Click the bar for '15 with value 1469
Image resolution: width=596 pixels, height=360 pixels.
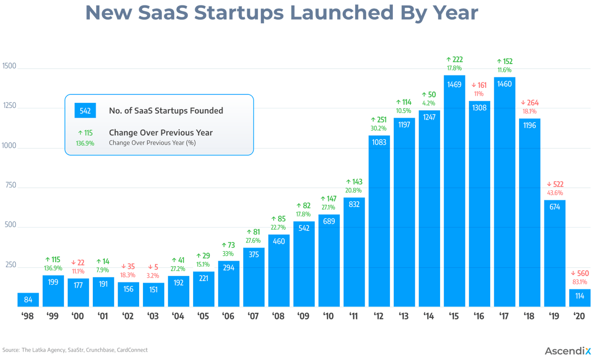(x=454, y=191)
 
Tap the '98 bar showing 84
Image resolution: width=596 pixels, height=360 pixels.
(x=28, y=300)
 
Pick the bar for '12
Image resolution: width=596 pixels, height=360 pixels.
(x=379, y=221)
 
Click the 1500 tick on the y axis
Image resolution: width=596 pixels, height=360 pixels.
(x=9, y=66)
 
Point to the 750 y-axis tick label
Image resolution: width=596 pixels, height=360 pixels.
(x=10, y=185)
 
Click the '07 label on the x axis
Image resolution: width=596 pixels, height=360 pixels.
(x=254, y=317)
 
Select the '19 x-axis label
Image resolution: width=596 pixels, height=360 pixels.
(x=555, y=317)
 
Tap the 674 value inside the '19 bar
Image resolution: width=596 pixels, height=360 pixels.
(x=555, y=207)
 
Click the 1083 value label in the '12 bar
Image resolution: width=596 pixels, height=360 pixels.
(x=379, y=142)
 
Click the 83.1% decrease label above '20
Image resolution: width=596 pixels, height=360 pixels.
(x=580, y=282)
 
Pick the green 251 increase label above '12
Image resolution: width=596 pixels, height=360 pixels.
(x=379, y=120)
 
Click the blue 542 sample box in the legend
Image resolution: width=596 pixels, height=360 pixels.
(x=85, y=110)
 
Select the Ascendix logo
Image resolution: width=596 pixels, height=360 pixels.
(x=568, y=351)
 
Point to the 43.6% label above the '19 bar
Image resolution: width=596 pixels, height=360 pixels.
(x=555, y=193)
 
